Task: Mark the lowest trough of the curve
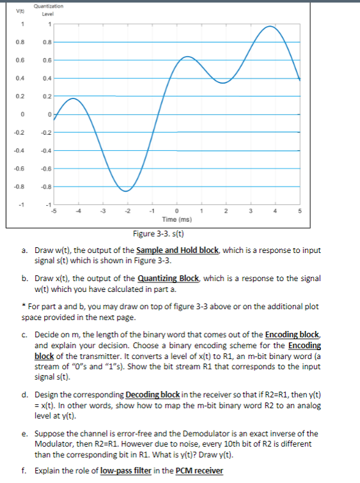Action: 127,190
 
